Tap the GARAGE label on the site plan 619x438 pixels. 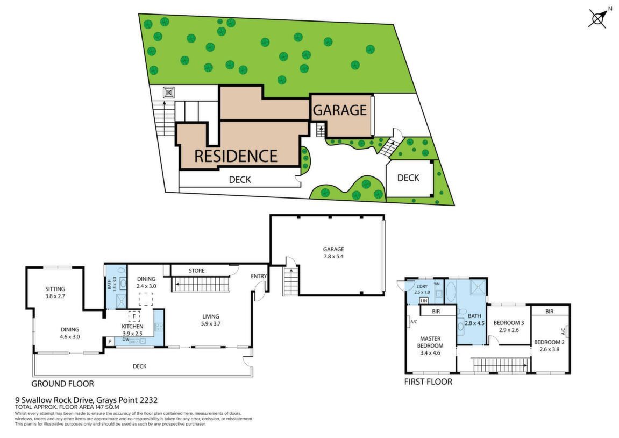click(x=340, y=110)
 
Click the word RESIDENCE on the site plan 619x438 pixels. click(x=236, y=156)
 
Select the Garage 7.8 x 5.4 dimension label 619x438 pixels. click(x=333, y=253)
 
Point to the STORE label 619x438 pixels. click(x=197, y=271)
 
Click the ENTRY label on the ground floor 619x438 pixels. click(x=259, y=277)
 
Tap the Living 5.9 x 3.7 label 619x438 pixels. click(x=211, y=320)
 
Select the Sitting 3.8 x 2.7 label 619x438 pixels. click(x=55, y=292)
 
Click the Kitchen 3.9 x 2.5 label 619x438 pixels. click(x=132, y=330)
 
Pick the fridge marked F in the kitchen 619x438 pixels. click(x=134, y=316)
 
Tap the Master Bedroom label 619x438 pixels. click(x=430, y=345)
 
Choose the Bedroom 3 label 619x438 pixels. click(x=509, y=326)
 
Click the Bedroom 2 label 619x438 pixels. click(x=550, y=345)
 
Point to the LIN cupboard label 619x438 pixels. click(x=424, y=301)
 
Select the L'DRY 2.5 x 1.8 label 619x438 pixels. click(x=422, y=289)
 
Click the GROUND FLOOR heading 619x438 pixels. click(x=63, y=384)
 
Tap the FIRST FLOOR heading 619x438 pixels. click(x=428, y=382)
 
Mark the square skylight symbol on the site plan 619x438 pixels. click(x=169, y=93)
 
